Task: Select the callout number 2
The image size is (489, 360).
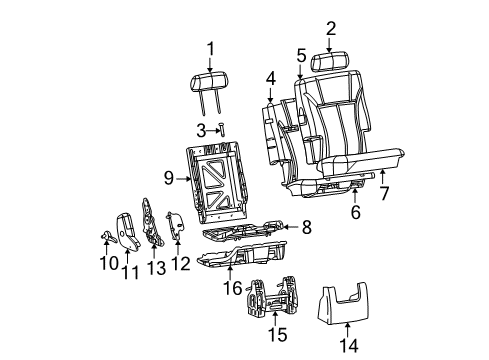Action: click(x=331, y=29)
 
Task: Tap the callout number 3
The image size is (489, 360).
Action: click(x=200, y=129)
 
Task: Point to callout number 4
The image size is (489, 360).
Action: click(x=270, y=78)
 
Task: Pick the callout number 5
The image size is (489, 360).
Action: click(x=300, y=56)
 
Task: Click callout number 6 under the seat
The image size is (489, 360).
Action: click(x=354, y=211)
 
